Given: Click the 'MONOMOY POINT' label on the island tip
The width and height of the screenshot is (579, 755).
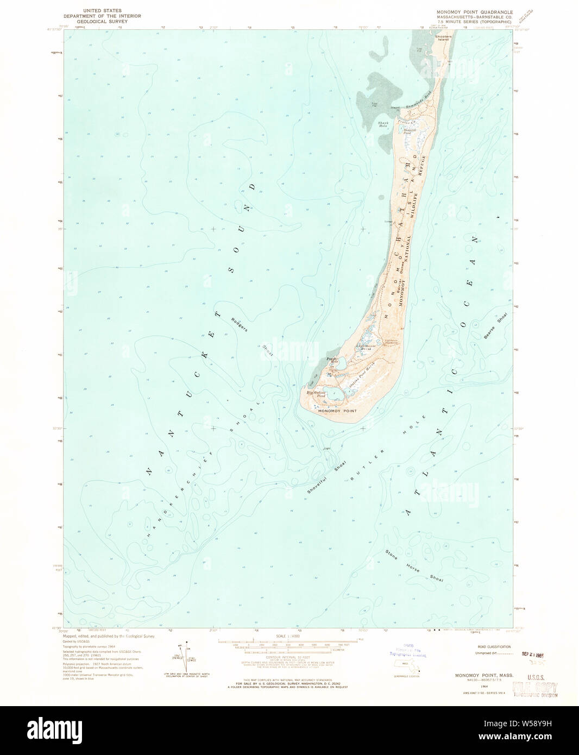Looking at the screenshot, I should [337, 411].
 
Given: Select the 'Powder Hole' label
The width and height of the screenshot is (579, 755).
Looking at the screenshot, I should [332, 360].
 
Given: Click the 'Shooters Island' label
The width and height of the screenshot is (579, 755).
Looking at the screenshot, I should [444, 39].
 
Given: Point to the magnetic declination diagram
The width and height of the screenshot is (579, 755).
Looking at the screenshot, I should [184, 653].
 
